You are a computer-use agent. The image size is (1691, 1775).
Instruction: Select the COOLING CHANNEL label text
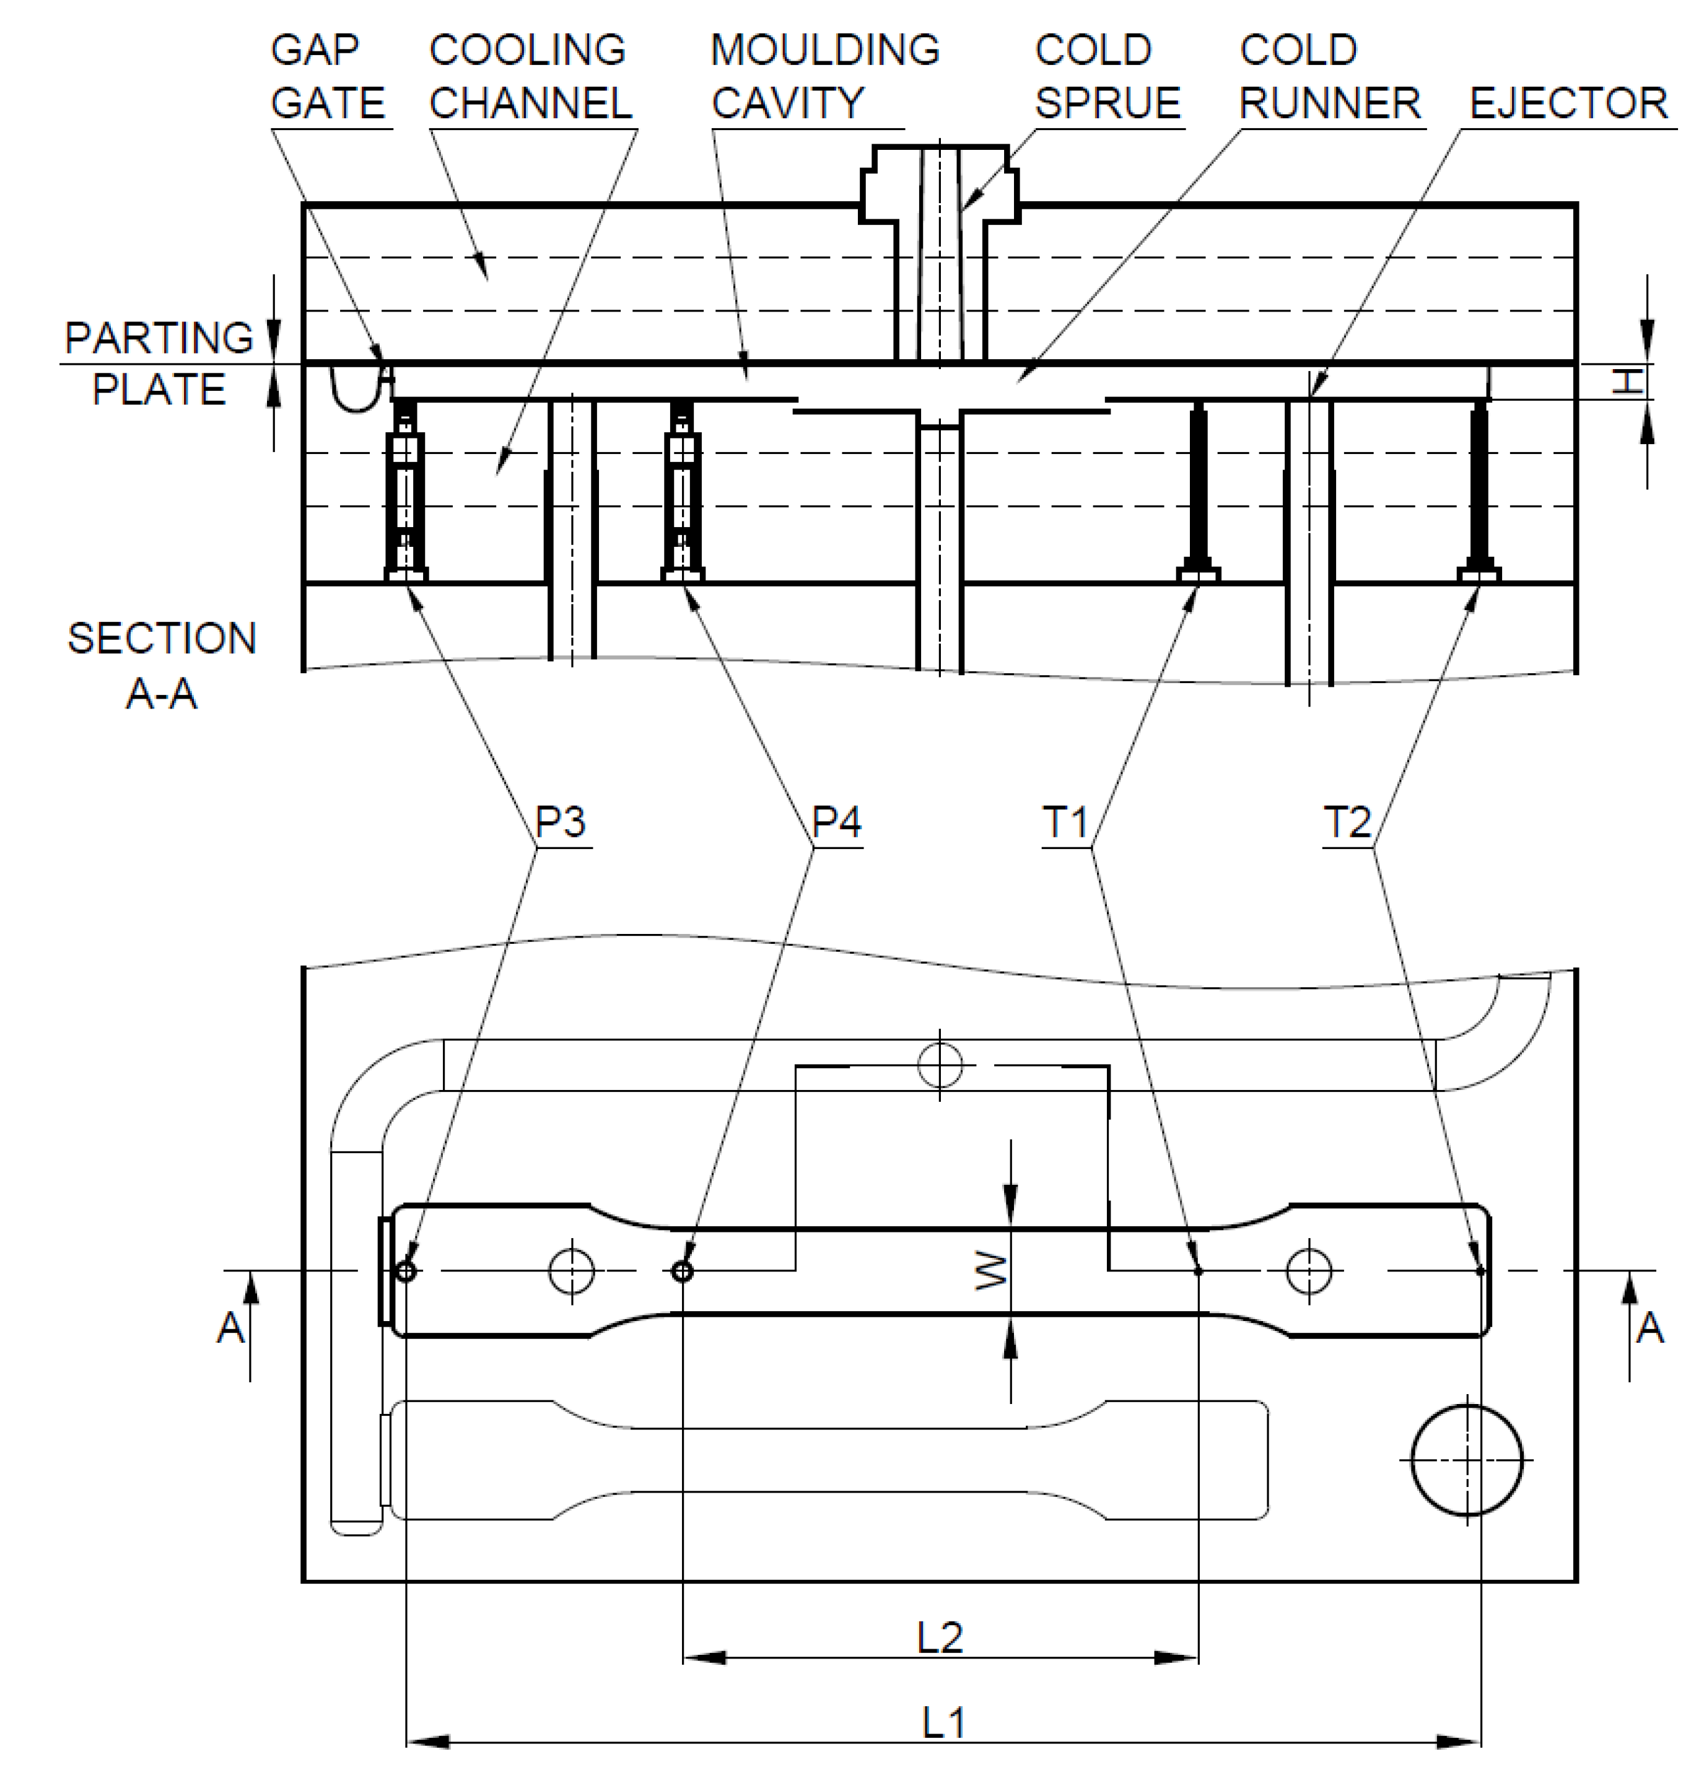click(x=530, y=77)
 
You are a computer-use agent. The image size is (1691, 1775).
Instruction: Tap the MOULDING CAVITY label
click(x=825, y=77)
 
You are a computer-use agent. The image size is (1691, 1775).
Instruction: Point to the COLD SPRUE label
click(x=1107, y=77)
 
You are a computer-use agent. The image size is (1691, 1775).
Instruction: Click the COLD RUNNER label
click(x=1329, y=77)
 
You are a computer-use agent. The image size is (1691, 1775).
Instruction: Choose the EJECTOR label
click(x=1568, y=103)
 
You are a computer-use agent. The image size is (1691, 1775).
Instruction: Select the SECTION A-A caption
click(x=161, y=665)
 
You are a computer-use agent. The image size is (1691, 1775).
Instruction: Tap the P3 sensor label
click(x=560, y=821)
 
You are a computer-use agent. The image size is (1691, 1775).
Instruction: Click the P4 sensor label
click(x=836, y=821)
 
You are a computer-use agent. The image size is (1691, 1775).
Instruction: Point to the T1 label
click(x=1065, y=822)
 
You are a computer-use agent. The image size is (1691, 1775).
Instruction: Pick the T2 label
click(x=1347, y=822)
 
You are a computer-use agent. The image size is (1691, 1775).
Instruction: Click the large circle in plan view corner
click(x=1467, y=1460)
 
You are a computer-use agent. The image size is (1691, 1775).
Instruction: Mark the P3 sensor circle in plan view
click(x=406, y=1271)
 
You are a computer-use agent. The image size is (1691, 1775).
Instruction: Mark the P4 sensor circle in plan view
click(x=683, y=1271)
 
